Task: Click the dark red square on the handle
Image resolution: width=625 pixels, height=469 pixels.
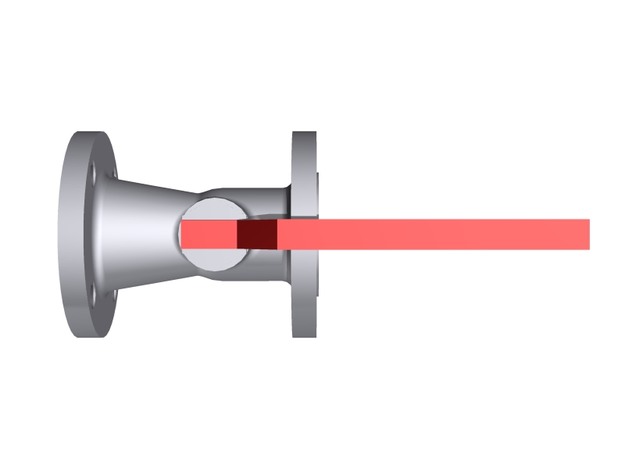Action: (x=257, y=234)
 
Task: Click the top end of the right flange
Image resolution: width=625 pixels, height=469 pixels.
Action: (x=304, y=134)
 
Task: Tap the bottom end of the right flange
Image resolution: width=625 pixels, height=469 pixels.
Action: (x=304, y=334)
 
